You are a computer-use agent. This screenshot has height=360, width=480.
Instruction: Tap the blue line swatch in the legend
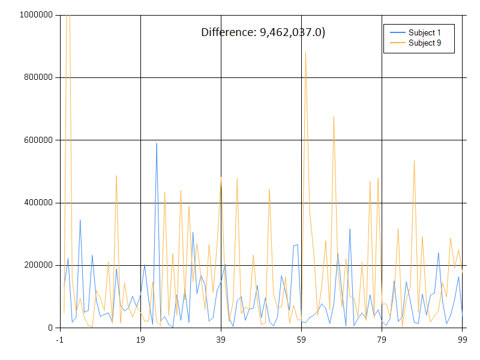[x=397, y=32]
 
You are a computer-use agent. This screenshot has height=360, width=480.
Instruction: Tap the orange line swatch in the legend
[x=397, y=43]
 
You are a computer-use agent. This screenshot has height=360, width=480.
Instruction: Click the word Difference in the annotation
[x=228, y=32]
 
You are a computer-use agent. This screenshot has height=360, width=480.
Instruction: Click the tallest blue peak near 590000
[x=157, y=143]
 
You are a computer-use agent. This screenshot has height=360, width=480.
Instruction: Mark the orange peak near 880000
[x=305, y=52]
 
